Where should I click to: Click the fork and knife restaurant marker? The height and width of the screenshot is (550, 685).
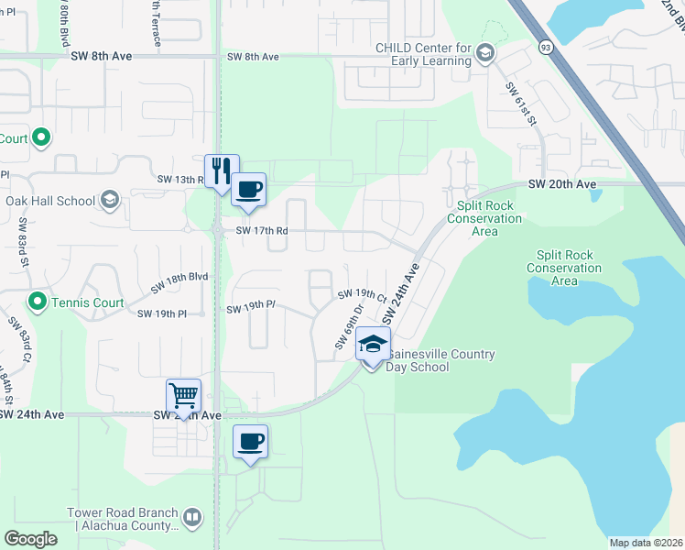point(222,170)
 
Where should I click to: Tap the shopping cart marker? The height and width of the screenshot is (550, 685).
point(183,396)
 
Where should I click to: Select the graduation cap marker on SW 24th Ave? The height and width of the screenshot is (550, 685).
point(372,345)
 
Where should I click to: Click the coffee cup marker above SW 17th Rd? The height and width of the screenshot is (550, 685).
point(249,190)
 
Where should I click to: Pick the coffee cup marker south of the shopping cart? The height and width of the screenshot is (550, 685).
point(250,443)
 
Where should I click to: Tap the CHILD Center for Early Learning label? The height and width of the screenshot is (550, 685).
point(422,55)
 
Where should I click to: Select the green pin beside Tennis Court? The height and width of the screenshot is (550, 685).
point(37,301)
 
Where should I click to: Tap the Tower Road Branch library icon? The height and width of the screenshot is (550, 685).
point(192,519)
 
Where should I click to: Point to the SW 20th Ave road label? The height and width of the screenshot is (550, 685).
point(562,184)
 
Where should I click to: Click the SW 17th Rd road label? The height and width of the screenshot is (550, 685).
point(262,231)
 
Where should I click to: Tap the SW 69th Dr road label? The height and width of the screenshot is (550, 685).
point(350,325)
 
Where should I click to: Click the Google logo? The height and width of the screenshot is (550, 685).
point(30,538)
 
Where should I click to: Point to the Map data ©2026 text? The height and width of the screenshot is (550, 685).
point(646,543)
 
